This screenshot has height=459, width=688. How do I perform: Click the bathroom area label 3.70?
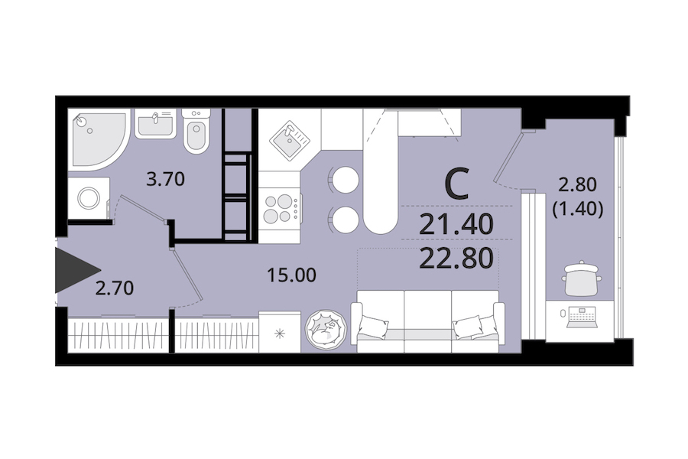coord(165,179)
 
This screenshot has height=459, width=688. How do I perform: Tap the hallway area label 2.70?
coord(115,288)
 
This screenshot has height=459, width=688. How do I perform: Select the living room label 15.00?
coord(292,275)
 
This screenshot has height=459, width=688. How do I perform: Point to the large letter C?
coord(457,184)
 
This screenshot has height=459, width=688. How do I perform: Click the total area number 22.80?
coord(457,259)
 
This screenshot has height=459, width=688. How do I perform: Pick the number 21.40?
coord(456,224)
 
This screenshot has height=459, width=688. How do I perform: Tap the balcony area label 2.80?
coord(577,185)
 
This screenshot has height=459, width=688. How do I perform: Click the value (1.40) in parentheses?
coord(577,209)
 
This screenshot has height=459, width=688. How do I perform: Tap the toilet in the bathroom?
coord(196,132)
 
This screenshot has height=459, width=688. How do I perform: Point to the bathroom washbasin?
coord(155,123)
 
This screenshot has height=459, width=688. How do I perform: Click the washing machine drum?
coord(89,198)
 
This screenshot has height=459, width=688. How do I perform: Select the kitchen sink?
coord(289,140)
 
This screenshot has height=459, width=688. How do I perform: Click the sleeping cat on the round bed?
coord(326,330)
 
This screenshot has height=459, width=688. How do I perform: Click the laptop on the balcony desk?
coord(583,317)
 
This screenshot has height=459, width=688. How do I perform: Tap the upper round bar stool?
coord(345,180)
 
